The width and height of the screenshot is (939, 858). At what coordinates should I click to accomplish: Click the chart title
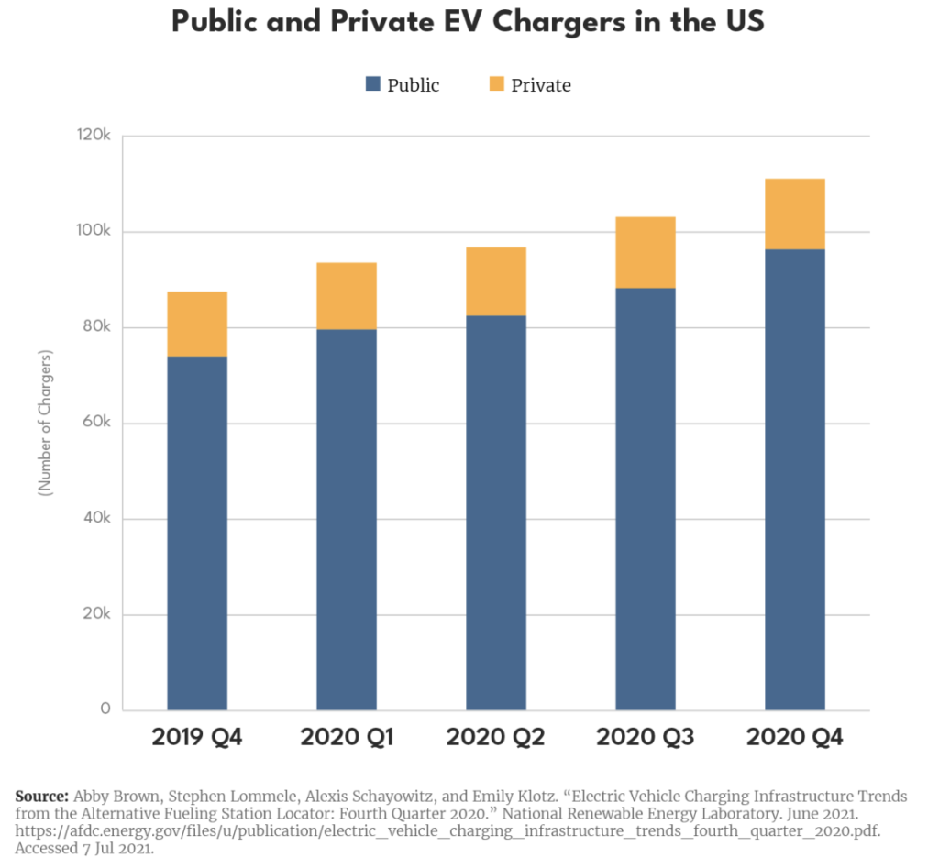click(x=468, y=23)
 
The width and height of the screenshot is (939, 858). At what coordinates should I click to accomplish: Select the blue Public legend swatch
click(x=372, y=84)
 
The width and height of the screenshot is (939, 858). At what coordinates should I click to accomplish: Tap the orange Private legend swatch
click(x=496, y=84)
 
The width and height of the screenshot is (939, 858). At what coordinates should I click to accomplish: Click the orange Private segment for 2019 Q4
click(x=197, y=324)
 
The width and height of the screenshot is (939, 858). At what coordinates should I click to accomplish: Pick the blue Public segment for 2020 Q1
click(x=347, y=518)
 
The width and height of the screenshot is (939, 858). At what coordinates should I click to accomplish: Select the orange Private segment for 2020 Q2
click(x=496, y=280)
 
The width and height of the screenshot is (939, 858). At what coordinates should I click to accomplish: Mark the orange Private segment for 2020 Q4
click(x=795, y=214)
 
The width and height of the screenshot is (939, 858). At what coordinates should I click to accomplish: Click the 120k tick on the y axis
click(x=93, y=136)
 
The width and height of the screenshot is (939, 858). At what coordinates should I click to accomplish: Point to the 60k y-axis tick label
click(x=95, y=423)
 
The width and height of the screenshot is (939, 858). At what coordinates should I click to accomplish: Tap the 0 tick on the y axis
click(x=106, y=709)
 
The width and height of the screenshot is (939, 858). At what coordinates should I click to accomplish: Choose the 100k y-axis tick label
click(x=93, y=232)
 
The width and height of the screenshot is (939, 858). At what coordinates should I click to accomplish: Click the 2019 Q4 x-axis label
click(x=197, y=737)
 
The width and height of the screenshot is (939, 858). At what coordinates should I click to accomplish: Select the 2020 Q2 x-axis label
click(x=496, y=737)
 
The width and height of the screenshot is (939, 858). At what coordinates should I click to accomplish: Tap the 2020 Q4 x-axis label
click(x=795, y=737)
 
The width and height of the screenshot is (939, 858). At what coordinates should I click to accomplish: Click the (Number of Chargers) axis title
click(x=44, y=423)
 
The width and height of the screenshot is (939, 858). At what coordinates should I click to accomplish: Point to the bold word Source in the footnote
click(x=41, y=795)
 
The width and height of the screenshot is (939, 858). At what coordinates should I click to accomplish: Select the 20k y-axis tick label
click(x=95, y=613)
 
